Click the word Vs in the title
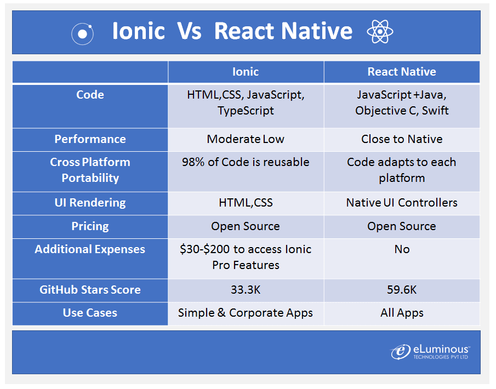(x=189, y=31)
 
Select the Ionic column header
(x=246, y=72)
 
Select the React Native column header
(x=402, y=72)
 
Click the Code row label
(x=90, y=95)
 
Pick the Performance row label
(x=90, y=139)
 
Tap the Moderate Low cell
(x=246, y=139)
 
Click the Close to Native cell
(x=402, y=139)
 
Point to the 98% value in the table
(x=194, y=162)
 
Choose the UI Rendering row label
(x=90, y=203)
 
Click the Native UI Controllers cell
(x=402, y=203)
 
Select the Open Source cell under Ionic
(x=246, y=226)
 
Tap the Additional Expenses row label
(x=90, y=249)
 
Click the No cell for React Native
(x=402, y=249)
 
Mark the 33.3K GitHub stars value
(x=246, y=290)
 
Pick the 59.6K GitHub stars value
(x=402, y=290)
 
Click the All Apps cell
(x=402, y=313)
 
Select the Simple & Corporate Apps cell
(x=246, y=313)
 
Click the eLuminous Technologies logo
(x=430, y=352)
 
